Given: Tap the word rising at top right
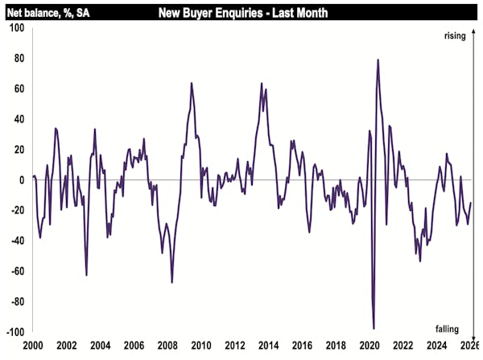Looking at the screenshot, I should pos(456,35).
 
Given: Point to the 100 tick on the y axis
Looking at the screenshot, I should pos(17,28).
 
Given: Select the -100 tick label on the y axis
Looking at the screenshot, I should pos(15,332).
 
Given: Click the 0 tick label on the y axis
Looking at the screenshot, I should pos(22,180).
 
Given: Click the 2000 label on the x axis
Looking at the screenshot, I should pos(33,346).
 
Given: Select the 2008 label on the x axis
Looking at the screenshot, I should pos(167,346).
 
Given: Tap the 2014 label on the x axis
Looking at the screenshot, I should pos(267,346).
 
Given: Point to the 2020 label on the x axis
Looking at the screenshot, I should pos(368,346).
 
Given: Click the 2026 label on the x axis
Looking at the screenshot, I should pos(469,346).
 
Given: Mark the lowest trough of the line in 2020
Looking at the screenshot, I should pos(374,329).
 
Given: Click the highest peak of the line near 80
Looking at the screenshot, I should pos(378,60).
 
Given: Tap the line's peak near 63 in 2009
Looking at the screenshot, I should pos(192,83).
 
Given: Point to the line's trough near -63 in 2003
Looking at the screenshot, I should pos(86,275).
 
